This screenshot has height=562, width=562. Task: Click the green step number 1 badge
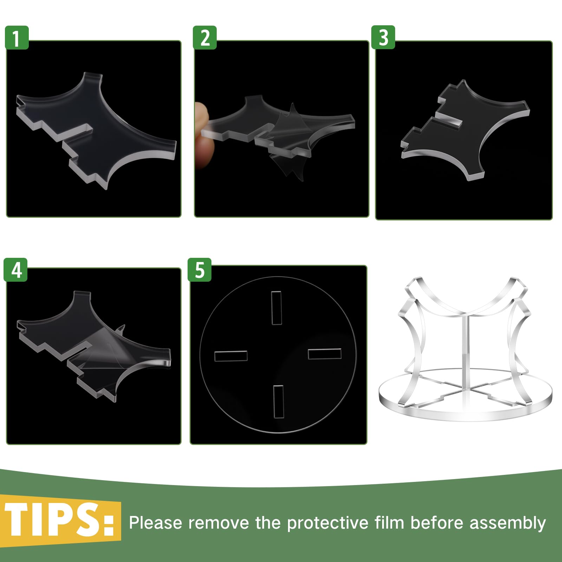[17, 38]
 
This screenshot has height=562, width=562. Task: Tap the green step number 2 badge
[205, 38]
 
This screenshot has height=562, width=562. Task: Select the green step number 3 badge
[383, 37]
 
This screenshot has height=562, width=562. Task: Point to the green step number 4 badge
[16, 270]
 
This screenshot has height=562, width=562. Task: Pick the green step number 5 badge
[200, 270]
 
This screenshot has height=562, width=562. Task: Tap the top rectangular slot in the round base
[276, 308]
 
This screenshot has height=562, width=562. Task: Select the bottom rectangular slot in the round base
[278, 402]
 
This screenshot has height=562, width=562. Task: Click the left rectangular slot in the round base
[231, 356]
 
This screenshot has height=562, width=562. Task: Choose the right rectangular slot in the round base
[325, 353]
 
